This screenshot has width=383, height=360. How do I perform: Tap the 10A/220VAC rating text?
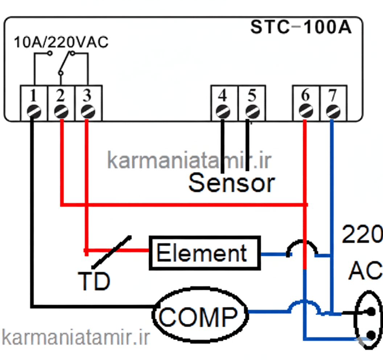point(61,42)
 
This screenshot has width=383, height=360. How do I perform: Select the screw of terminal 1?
point(34,111)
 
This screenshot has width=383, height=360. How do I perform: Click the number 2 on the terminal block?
point(61,95)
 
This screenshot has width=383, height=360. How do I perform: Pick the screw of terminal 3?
point(87,111)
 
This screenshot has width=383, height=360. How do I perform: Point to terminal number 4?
point(223,95)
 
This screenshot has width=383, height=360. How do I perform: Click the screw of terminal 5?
point(251,111)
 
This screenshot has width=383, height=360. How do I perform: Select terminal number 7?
point(332,95)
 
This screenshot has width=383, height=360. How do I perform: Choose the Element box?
point(205,253)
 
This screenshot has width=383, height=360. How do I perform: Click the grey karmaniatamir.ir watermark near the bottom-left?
point(75,337)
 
